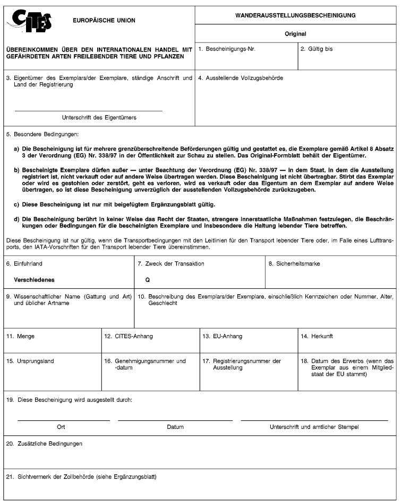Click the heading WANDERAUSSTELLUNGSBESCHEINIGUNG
tap(295, 16)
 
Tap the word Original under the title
tap(295, 34)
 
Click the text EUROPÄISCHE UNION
tap(104, 21)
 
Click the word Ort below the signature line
tap(61, 426)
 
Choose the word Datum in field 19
tap(175, 426)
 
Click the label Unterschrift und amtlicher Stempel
tap(314, 426)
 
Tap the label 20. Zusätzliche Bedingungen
tap(44, 443)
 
